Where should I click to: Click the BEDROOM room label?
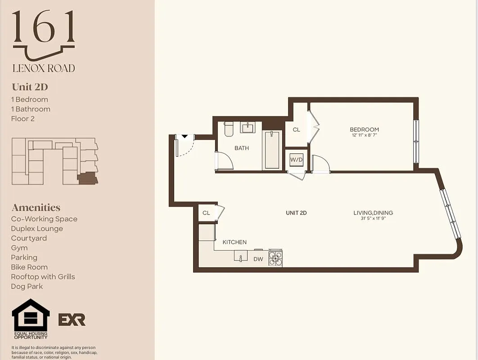364,130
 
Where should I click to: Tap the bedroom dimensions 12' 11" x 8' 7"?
364,135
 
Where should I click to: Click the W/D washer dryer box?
296,159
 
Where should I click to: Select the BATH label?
241,148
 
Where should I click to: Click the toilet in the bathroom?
229,129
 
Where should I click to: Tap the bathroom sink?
248,128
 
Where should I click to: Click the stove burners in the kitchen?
275,258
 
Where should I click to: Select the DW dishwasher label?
258,259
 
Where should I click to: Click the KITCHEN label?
234,242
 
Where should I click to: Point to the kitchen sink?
241,256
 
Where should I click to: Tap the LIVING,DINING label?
373,213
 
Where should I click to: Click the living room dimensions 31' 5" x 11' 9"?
373,219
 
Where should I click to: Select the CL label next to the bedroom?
296,130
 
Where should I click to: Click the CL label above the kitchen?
206,213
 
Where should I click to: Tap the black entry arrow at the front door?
185,136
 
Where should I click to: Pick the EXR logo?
72,319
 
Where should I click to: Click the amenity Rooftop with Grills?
43,277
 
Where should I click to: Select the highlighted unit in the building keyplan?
87,179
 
